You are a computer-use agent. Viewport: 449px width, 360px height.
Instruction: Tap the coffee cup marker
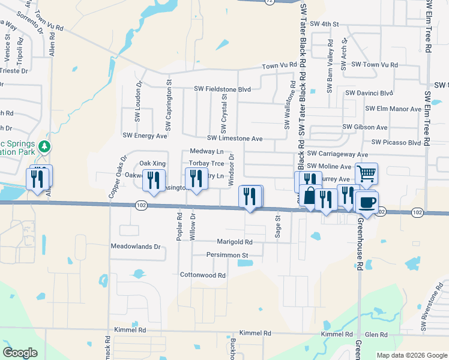click(x=366, y=202)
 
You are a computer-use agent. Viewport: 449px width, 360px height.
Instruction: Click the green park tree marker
click(x=43, y=146)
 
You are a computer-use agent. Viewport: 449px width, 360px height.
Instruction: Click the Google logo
click(x=20, y=353)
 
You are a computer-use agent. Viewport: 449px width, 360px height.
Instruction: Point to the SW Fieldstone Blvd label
click(x=222, y=89)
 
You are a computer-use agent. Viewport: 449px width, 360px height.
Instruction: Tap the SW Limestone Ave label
click(x=235, y=139)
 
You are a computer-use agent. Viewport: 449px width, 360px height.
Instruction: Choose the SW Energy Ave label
click(x=145, y=136)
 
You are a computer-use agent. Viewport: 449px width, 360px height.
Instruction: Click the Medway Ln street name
click(x=206, y=152)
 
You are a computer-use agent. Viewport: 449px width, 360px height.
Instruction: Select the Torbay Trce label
click(x=206, y=163)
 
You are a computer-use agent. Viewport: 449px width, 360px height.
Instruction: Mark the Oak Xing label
click(x=152, y=163)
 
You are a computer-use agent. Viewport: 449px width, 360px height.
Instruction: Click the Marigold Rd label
click(x=235, y=242)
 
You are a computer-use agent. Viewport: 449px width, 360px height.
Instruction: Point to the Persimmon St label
click(x=228, y=255)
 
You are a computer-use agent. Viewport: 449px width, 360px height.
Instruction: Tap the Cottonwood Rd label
click(x=203, y=275)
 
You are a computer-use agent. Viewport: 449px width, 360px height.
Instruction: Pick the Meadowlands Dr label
click(x=136, y=247)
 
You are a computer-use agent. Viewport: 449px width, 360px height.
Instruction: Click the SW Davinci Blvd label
click(x=369, y=93)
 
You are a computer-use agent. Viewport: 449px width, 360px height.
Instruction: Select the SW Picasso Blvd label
click(x=396, y=142)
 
